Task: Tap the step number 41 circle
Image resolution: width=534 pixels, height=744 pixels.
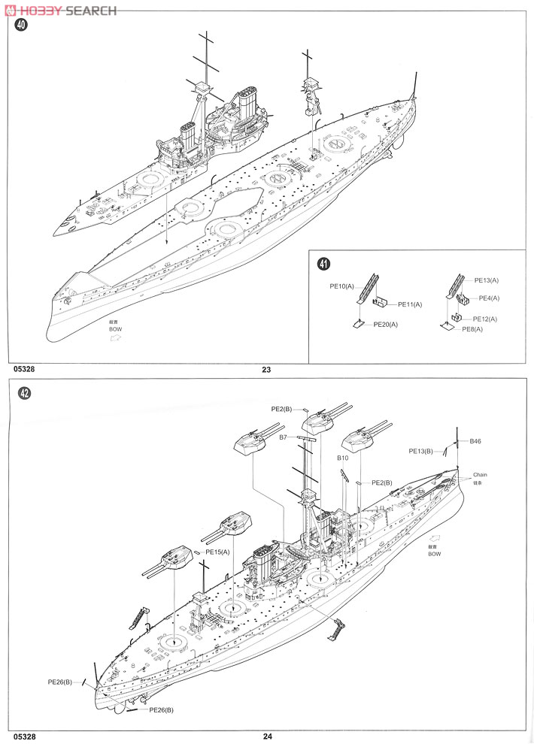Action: pyautogui.click(x=323, y=264)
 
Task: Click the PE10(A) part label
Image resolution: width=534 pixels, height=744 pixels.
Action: pyautogui.click(x=341, y=286)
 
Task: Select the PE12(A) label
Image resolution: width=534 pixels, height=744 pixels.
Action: pyautogui.click(x=484, y=319)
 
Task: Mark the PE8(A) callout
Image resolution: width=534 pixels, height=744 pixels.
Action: pyautogui.click(x=472, y=329)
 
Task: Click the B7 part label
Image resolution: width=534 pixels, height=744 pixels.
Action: pyautogui.click(x=284, y=437)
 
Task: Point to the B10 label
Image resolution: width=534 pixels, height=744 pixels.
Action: pyautogui.click(x=342, y=457)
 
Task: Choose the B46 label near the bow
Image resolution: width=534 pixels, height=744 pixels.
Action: pyautogui.click(x=475, y=441)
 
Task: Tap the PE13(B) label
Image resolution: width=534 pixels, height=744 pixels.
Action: pyautogui.click(x=421, y=451)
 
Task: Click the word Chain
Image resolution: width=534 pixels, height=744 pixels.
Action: pyautogui.click(x=480, y=475)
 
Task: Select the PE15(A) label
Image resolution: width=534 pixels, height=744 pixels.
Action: pyautogui.click(x=216, y=552)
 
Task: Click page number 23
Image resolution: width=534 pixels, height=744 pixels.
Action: pyautogui.click(x=266, y=369)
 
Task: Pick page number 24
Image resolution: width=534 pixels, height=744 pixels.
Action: pyautogui.click(x=267, y=736)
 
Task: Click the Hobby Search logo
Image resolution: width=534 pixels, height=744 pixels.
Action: pyautogui.click(x=59, y=11)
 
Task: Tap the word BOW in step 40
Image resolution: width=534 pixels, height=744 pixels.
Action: pyautogui.click(x=114, y=329)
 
